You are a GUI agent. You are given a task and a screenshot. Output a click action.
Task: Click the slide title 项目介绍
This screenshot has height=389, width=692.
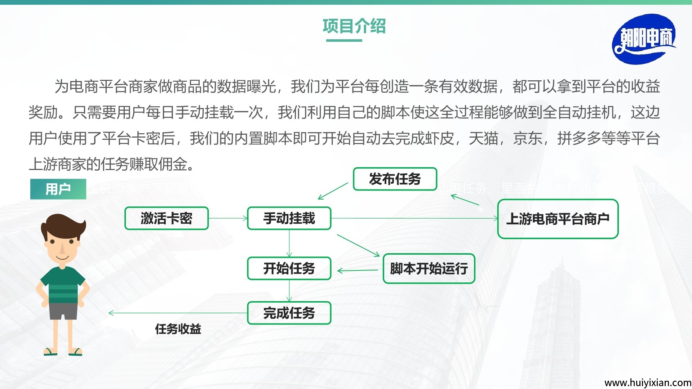click(x=354, y=26)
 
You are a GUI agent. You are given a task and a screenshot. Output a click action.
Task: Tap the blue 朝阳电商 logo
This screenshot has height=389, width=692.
click(x=644, y=39)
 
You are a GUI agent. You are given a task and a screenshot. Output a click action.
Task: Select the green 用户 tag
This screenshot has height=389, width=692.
click(x=58, y=189)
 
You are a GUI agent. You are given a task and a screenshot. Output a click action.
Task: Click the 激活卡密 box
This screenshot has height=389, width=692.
click(x=167, y=218)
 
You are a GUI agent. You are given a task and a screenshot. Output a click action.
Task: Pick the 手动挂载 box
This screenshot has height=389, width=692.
click(x=289, y=218)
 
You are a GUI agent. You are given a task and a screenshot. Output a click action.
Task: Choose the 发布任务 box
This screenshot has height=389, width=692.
click(x=395, y=179)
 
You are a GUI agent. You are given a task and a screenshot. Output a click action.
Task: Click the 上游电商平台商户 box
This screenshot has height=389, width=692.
click(x=558, y=219)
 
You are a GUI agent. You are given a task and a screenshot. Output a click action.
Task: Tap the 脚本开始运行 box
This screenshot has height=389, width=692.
click(x=429, y=269)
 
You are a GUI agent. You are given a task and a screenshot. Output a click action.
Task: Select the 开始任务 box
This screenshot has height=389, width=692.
click(x=289, y=268)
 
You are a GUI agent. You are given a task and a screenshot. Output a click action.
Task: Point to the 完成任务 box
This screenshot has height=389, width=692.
click(x=289, y=313)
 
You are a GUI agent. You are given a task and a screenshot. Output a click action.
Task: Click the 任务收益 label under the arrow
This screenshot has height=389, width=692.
click(x=178, y=329)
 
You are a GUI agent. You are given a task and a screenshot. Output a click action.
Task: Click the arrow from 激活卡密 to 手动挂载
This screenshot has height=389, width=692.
click(x=228, y=218)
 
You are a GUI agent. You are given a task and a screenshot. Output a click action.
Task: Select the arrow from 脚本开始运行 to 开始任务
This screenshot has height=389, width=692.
click(x=358, y=270)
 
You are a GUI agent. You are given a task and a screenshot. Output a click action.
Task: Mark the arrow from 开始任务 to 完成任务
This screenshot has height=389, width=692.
click(x=289, y=291)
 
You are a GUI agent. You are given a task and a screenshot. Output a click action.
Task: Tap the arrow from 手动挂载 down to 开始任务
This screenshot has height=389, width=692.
click(x=289, y=243)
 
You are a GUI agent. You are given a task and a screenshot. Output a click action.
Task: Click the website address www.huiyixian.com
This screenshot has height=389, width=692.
click(x=648, y=383)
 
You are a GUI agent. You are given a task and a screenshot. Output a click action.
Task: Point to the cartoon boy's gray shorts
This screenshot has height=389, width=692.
click(x=63, y=311)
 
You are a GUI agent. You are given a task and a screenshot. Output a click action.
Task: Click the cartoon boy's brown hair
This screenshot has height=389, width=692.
click(x=63, y=223)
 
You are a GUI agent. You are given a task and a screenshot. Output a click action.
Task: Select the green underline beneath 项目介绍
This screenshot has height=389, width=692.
click(x=344, y=40)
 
